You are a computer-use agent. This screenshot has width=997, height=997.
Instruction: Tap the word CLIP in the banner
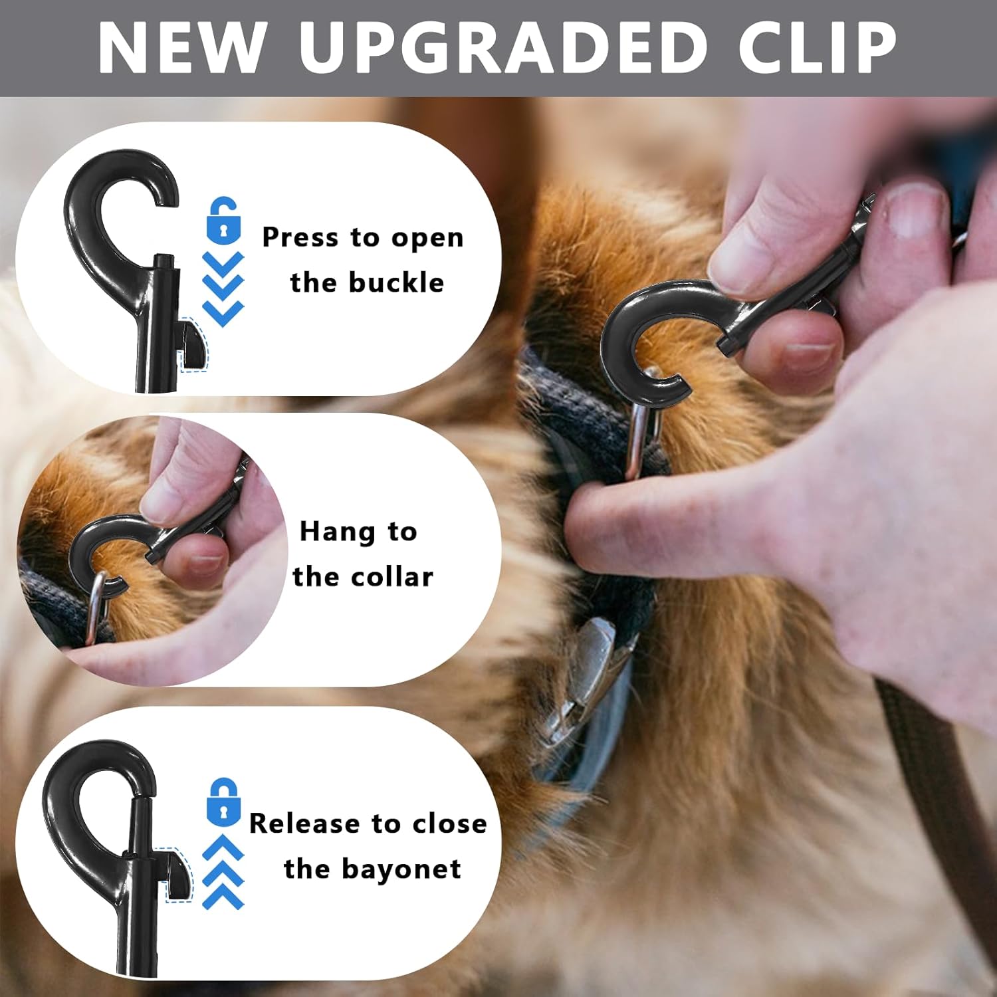tap(818, 47)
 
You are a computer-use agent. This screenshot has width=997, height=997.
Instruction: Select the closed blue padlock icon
tap(223, 802)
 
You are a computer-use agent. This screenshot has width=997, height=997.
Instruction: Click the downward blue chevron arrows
tap(223, 289)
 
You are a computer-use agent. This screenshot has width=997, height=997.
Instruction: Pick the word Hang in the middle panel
tap(338, 532)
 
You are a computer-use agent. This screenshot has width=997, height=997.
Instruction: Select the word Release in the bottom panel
tap(304, 824)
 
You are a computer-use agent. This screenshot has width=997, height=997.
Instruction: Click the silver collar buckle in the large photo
tap(585, 678)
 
